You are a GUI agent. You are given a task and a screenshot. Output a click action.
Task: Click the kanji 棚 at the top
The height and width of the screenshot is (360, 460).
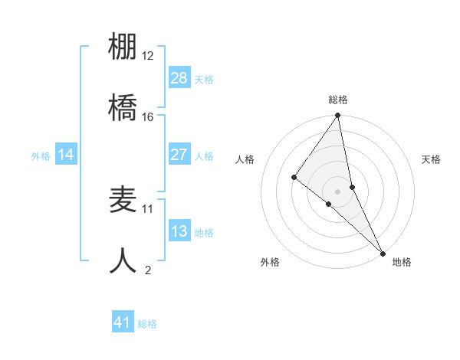coord(123,47)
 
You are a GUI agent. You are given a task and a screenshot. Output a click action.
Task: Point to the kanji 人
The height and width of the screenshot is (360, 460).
coord(123,260)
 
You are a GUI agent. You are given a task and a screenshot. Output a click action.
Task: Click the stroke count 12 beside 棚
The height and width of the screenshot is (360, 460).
coord(147,56)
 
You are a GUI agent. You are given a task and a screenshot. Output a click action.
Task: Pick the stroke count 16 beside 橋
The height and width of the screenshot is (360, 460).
coord(147,116)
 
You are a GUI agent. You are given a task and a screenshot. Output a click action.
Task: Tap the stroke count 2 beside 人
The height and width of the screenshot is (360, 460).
coord(148,269)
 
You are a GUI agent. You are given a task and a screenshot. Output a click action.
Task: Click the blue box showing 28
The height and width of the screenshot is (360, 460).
coord(179,78)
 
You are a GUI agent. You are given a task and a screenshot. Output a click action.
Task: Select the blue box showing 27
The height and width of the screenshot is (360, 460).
coord(179,155)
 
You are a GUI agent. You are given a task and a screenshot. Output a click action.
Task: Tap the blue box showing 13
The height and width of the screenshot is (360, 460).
coord(179,231)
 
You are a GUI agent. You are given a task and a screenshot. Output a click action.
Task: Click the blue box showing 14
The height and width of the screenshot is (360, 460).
coord(66,155)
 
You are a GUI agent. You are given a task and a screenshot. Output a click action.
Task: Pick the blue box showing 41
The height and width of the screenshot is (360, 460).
coord(123,322)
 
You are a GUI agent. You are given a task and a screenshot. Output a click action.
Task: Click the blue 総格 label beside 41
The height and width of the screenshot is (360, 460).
coord(147,324)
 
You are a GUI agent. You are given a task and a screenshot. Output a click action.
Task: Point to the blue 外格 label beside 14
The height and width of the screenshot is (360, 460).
coord(41,155)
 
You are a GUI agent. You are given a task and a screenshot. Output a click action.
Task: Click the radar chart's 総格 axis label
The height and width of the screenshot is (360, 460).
coord(338,100)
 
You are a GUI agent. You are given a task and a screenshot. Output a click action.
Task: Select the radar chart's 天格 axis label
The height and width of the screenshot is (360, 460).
coord(431,159)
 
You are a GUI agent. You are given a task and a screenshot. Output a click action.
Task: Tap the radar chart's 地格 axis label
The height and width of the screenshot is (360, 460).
coord(402,262)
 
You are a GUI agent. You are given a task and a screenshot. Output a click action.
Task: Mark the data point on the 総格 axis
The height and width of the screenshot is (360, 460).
coord(338,116)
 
